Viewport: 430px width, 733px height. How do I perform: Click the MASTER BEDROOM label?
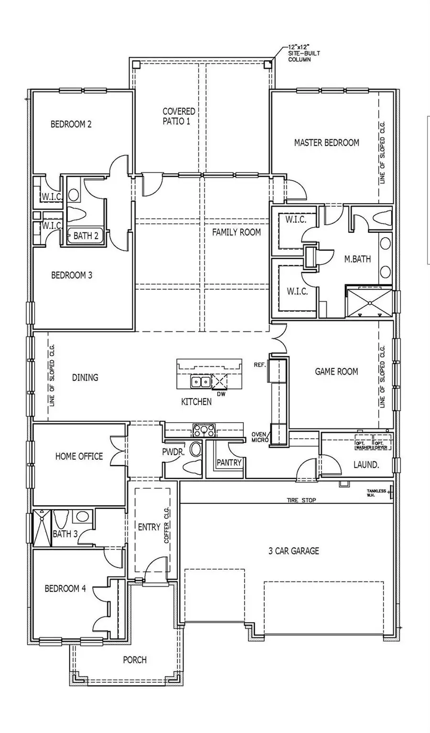tap(326, 142)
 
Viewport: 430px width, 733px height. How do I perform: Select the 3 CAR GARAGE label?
tap(293, 551)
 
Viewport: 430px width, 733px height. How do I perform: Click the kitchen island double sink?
tap(200, 382)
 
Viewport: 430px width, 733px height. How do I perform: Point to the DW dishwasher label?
tap(221, 395)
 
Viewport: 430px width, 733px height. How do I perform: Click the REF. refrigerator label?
tap(259, 365)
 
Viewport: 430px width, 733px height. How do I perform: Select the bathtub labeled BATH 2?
tap(86, 235)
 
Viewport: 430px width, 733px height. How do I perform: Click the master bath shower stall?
tap(369, 302)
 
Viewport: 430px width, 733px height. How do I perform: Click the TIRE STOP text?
tap(301, 500)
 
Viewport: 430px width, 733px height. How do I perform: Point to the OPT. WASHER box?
tap(363, 445)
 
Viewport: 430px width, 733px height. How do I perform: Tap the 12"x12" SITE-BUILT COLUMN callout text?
tap(300, 54)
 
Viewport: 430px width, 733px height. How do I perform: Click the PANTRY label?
tap(229, 462)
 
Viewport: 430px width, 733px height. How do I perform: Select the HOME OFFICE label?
tap(79, 456)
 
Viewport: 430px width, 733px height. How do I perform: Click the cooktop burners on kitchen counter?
tap(204, 430)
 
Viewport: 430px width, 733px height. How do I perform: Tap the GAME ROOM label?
tap(336, 372)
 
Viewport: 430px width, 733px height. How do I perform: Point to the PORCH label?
tap(135, 660)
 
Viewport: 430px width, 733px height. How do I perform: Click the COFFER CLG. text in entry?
tap(167, 525)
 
